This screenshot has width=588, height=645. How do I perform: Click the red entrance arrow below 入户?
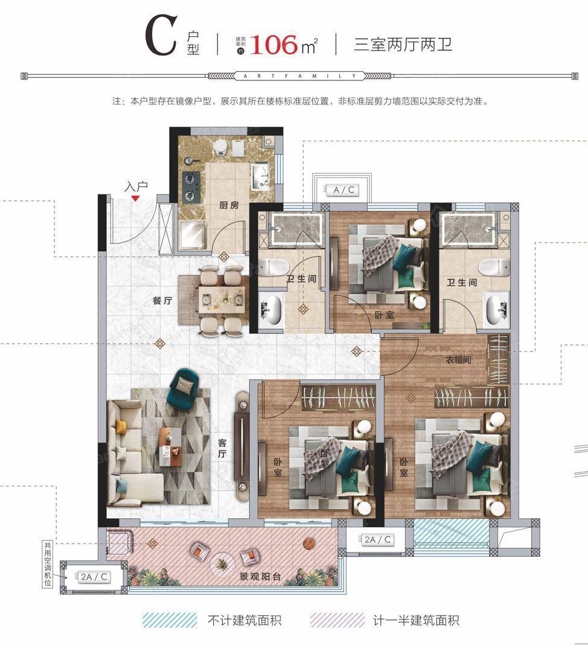coord(136,197)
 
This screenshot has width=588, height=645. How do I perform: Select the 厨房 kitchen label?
coord(229,205)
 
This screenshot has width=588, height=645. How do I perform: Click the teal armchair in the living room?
coord(184,387)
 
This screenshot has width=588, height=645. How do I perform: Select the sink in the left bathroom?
coord(269,308)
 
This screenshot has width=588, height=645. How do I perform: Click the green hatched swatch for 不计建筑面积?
coord(170,620)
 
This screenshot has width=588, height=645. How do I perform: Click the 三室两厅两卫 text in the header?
coord(403,44)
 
